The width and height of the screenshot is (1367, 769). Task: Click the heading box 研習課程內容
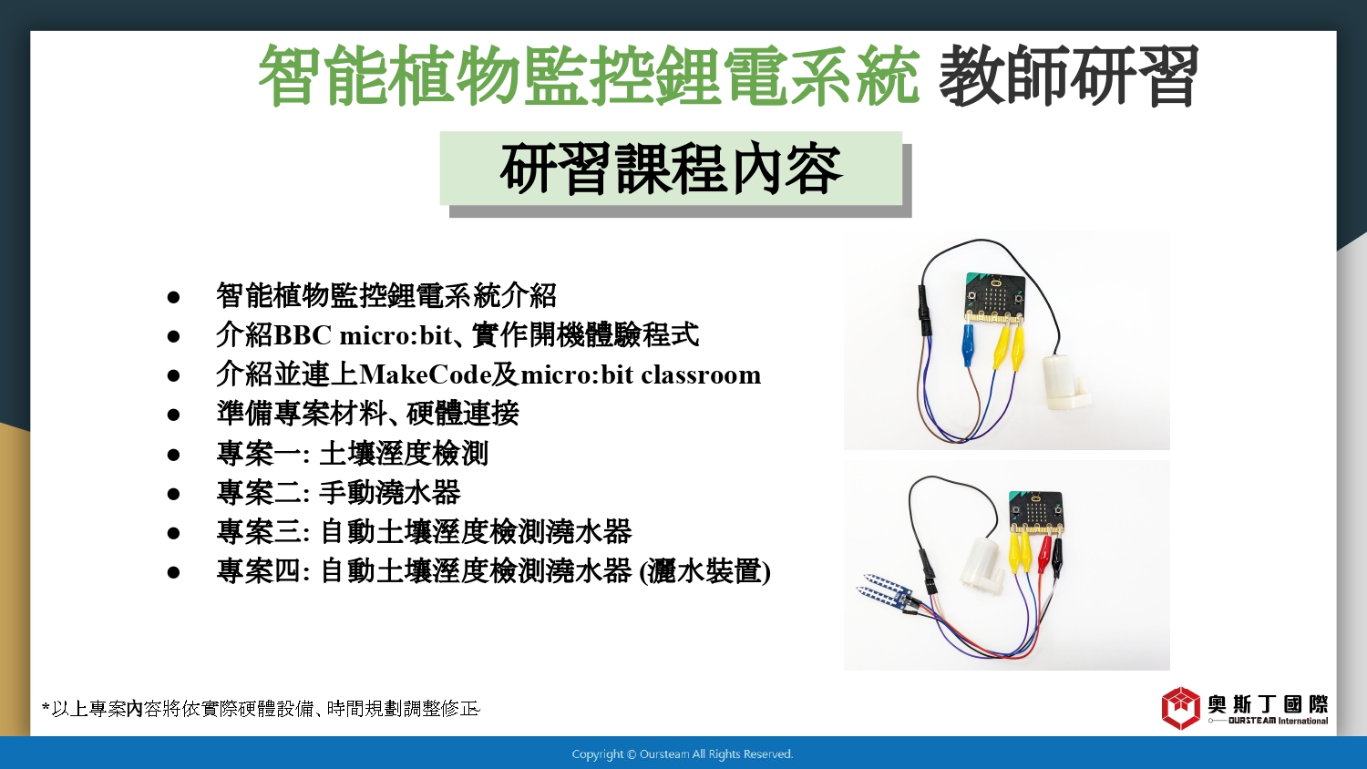(x=672, y=169)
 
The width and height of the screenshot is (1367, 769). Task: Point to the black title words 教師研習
(x=1069, y=76)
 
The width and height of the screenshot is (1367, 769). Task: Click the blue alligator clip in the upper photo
(x=968, y=344)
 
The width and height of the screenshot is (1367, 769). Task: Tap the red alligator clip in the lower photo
(x=1044, y=555)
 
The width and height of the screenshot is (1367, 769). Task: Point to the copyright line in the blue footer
(x=683, y=754)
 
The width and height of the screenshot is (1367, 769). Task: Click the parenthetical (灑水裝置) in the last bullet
(x=704, y=572)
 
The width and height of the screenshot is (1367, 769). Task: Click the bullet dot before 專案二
(x=173, y=494)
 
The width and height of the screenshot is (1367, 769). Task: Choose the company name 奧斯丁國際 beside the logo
(x=1269, y=704)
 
